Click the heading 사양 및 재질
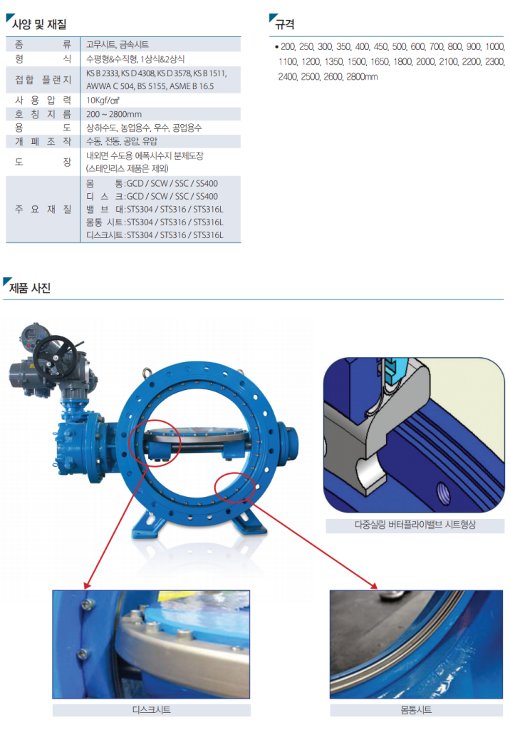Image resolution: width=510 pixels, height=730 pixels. coord(39,24)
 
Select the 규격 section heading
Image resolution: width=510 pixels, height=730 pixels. coord(284,24)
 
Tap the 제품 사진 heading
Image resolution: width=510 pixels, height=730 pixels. coord(29,288)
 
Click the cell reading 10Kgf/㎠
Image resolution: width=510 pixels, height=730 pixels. coord(103,100)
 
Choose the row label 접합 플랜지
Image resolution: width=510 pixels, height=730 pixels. coord(43,80)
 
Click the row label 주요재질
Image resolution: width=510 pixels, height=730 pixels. coord(43,209)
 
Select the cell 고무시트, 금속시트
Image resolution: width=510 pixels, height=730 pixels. coord(118,44)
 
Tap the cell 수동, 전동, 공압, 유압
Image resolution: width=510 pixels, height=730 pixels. coord(122,141)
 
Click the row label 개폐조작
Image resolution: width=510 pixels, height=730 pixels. coord(43,141)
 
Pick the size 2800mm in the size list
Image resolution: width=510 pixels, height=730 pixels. coord(362,77)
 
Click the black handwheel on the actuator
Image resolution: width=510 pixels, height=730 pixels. coord(55,356)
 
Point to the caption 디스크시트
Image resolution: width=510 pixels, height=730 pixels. coord(152,709)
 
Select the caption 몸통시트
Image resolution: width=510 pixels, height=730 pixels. coord(416,709)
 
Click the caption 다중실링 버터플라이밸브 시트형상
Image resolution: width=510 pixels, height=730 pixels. coord(415,525)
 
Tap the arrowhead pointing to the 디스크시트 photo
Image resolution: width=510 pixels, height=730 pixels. coord(87,585)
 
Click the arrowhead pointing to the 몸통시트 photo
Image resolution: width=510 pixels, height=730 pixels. coord(373,585)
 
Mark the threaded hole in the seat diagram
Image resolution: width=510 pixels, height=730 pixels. coord(444,492)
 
